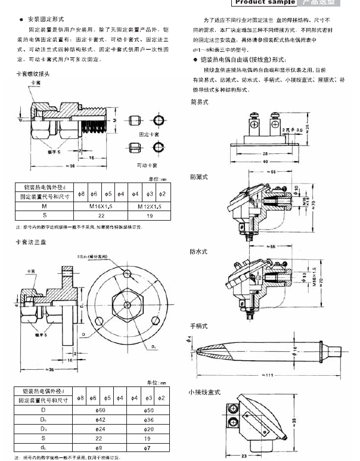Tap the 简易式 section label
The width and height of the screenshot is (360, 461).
[199, 102]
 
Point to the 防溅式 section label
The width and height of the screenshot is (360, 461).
[199, 177]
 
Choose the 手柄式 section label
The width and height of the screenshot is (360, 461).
[199, 326]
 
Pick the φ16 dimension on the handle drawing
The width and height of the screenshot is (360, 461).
[296, 347]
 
